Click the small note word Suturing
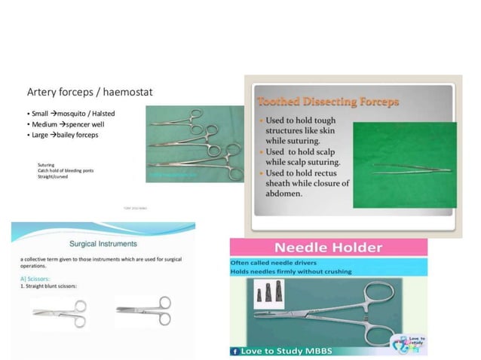(x=46, y=163)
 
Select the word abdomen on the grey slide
(x=280, y=193)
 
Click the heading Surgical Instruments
(x=103, y=243)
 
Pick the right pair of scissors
(x=144, y=309)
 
